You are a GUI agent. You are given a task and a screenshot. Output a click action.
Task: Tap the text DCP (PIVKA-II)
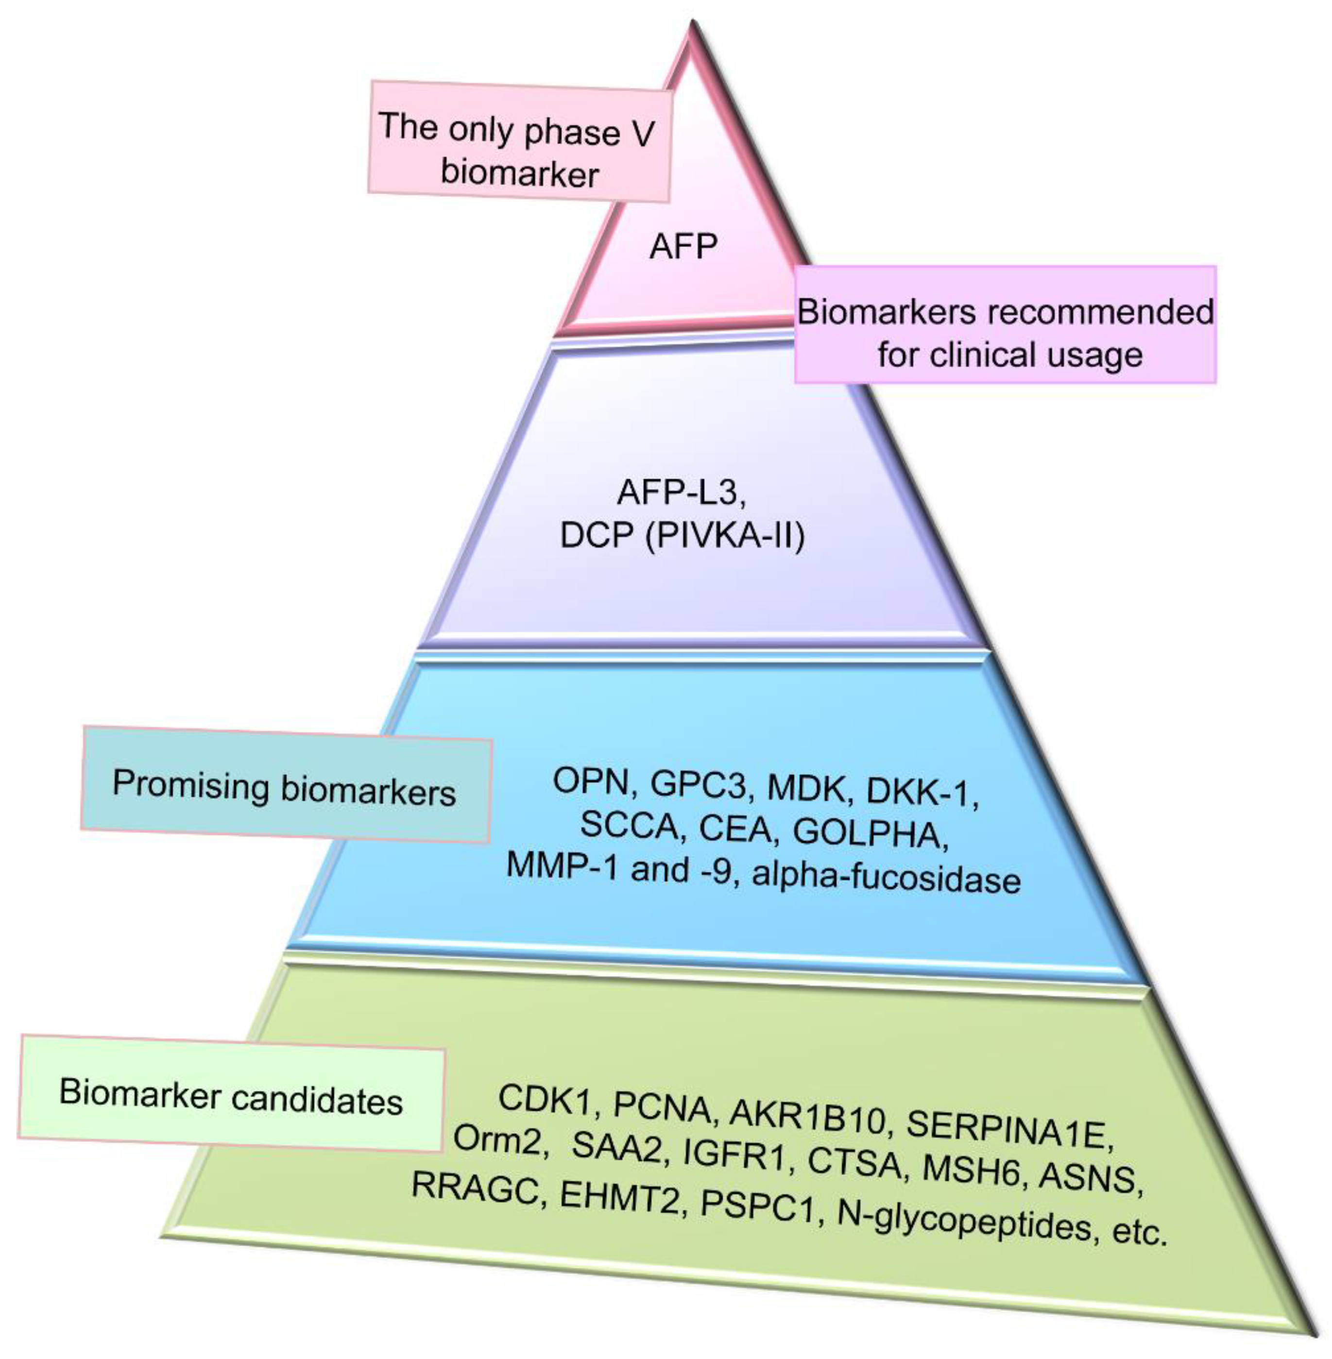point(682,537)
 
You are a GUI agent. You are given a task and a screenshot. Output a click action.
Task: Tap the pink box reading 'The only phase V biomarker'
point(520,141)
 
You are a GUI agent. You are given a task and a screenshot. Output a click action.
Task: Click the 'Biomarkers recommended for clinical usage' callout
point(1005,324)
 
